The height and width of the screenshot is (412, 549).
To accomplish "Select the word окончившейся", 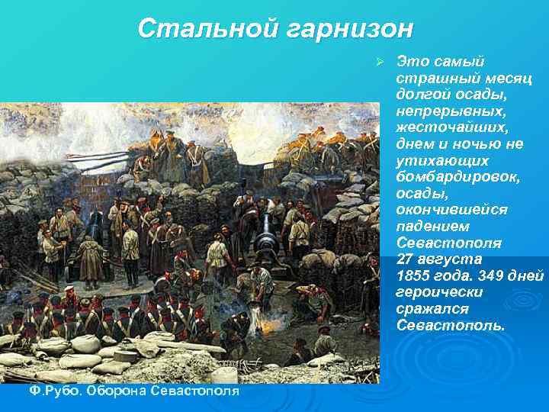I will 447,210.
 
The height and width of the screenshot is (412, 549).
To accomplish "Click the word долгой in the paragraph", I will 420,95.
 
